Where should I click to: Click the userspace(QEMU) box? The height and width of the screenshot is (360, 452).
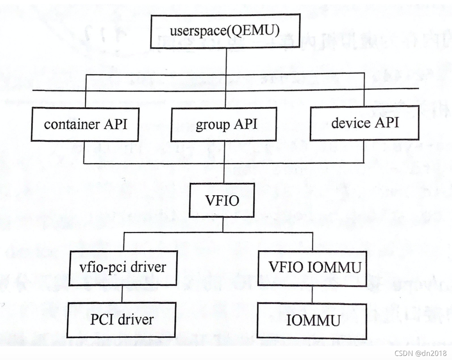pos(225,30)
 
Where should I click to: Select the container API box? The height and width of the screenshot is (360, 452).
pos(85,124)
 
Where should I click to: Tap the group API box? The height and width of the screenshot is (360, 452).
pos(223,124)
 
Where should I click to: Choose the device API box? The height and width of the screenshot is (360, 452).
pos(365,123)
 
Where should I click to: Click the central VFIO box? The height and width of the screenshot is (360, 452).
pos(222,200)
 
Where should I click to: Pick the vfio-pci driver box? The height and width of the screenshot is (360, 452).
pos(123,267)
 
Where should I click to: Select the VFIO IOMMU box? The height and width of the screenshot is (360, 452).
pos(311,268)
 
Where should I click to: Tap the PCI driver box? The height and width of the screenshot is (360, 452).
pos(122,319)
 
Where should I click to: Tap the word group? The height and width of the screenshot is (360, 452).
pos(209,125)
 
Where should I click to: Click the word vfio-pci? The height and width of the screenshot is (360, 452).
pos(100,267)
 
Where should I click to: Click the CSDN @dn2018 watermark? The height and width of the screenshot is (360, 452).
pos(420,353)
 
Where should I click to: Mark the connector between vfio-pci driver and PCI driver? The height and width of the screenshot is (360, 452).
pos(122,293)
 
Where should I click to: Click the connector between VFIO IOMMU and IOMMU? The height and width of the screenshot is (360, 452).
pos(312,294)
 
